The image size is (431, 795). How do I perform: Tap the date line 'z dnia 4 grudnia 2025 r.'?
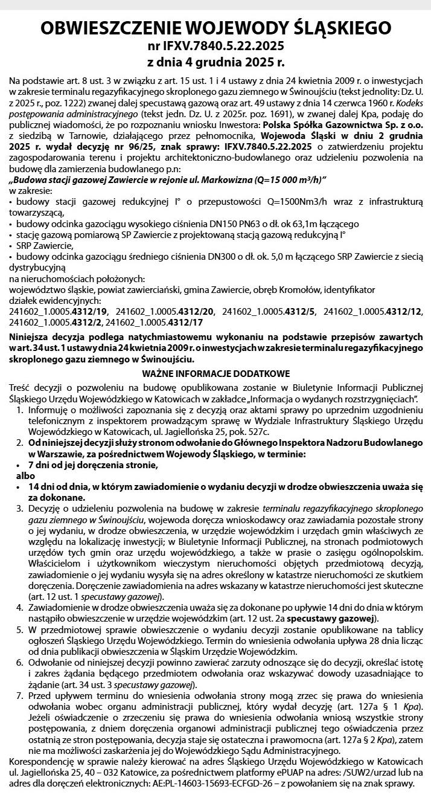[215, 62]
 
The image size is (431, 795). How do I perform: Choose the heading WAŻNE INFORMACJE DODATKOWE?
[215, 373]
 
